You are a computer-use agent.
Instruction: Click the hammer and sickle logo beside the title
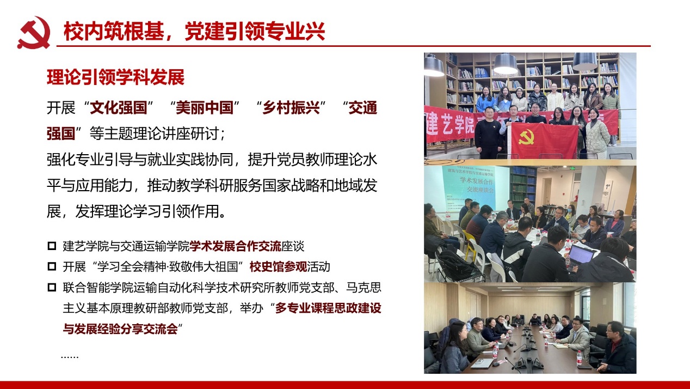point(34,33)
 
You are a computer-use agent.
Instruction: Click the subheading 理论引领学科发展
point(115,77)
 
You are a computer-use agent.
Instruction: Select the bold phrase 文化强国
point(119,108)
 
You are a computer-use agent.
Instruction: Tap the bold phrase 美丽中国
point(205,108)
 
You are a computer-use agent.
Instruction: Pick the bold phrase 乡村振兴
point(291,108)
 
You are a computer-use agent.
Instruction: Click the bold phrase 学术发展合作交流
point(235,246)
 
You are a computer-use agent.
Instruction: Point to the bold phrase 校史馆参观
point(278,266)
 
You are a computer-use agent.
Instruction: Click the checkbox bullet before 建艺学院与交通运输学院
point(52,246)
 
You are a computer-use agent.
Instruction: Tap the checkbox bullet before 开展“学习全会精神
point(52,266)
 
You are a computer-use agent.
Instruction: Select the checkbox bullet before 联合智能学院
point(52,287)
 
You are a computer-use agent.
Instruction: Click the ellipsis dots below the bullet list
point(70,357)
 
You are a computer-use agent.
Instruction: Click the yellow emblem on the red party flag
point(526,137)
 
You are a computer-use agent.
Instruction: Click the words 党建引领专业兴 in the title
point(255,32)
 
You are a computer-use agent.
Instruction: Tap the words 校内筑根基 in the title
point(114,32)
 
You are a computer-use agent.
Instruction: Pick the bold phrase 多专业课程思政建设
point(328,308)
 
